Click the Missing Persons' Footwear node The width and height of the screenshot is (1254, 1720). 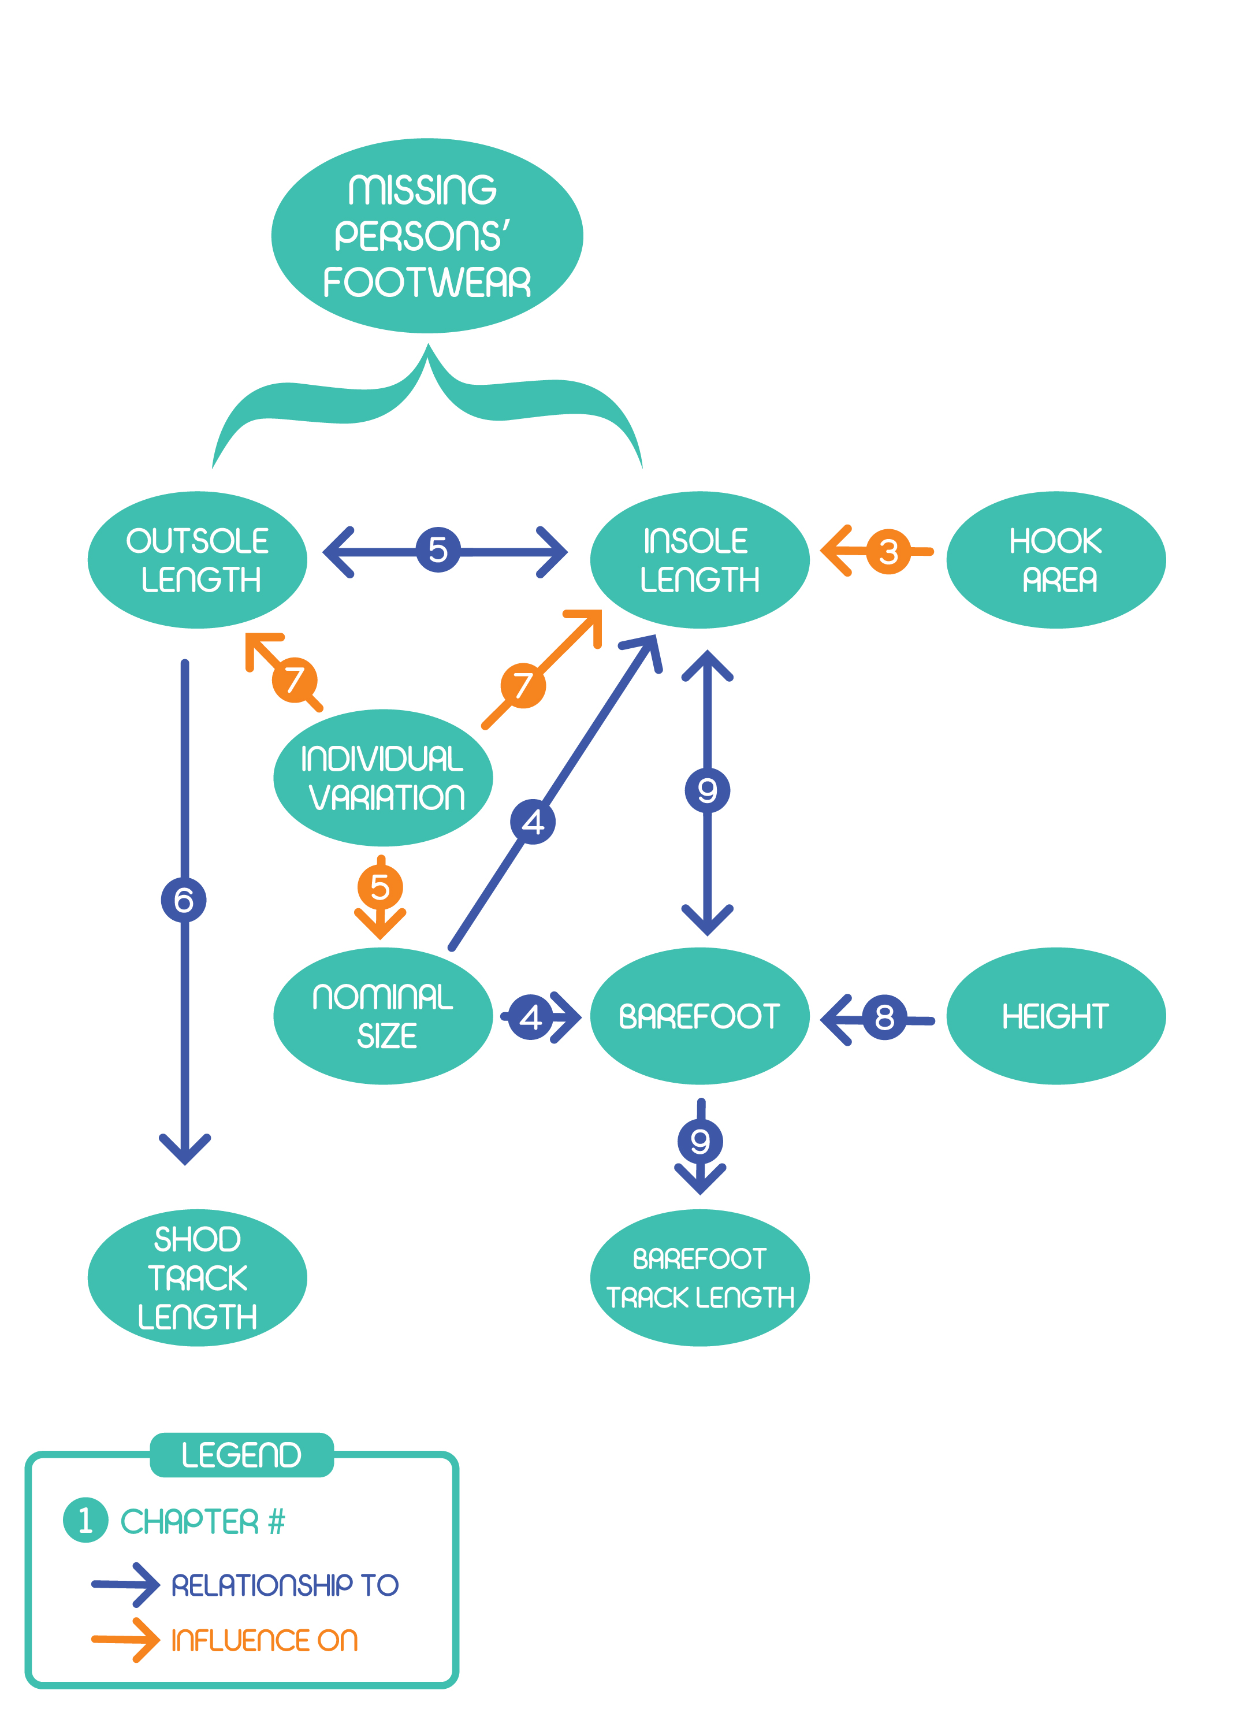[x=427, y=235]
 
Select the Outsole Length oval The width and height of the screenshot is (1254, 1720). [x=198, y=560]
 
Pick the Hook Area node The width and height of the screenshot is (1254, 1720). [x=1055, y=560]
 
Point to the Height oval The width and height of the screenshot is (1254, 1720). [x=1055, y=1016]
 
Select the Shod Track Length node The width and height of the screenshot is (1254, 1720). [x=198, y=1277]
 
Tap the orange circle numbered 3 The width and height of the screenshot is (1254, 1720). [x=888, y=552]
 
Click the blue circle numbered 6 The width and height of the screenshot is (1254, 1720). [x=184, y=900]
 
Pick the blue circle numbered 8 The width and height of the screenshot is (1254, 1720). [x=884, y=1017]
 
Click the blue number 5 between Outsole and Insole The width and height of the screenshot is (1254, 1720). [x=438, y=549]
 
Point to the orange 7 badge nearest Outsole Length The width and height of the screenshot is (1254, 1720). [x=295, y=680]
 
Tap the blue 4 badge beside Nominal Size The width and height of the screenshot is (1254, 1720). [x=531, y=1017]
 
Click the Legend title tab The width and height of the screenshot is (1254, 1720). [x=241, y=1455]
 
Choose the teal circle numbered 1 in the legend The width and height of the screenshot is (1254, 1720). [x=86, y=1520]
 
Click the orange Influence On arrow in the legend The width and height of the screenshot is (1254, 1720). [x=125, y=1640]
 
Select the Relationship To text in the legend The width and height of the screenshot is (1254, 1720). [x=285, y=1585]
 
